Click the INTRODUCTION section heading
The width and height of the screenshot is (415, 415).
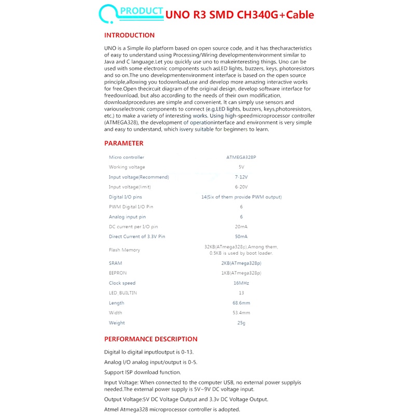point(129,35)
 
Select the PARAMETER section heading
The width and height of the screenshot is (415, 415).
point(123,143)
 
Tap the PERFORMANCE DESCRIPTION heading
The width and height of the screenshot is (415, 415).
point(150,339)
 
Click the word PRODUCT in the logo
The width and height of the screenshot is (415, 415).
point(141,11)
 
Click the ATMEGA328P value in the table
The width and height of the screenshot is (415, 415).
point(241,157)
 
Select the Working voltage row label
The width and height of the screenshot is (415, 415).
point(127,167)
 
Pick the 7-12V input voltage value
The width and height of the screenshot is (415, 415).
point(241,177)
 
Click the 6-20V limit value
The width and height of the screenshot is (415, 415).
point(241,187)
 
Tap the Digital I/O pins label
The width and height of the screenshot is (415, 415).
point(125,197)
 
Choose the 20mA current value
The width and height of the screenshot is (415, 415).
point(241,227)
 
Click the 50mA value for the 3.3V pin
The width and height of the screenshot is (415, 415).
point(241,237)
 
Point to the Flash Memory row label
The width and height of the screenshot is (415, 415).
point(124,250)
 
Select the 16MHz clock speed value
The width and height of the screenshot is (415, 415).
point(241,283)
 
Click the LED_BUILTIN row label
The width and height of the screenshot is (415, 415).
point(123,293)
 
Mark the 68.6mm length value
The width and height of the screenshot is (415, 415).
point(241,303)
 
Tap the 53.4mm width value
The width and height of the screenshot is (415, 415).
point(241,313)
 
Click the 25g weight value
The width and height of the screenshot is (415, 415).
point(241,323)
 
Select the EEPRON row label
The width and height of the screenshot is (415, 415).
point(117,273)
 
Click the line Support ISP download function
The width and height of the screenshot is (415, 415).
point(143,372)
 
